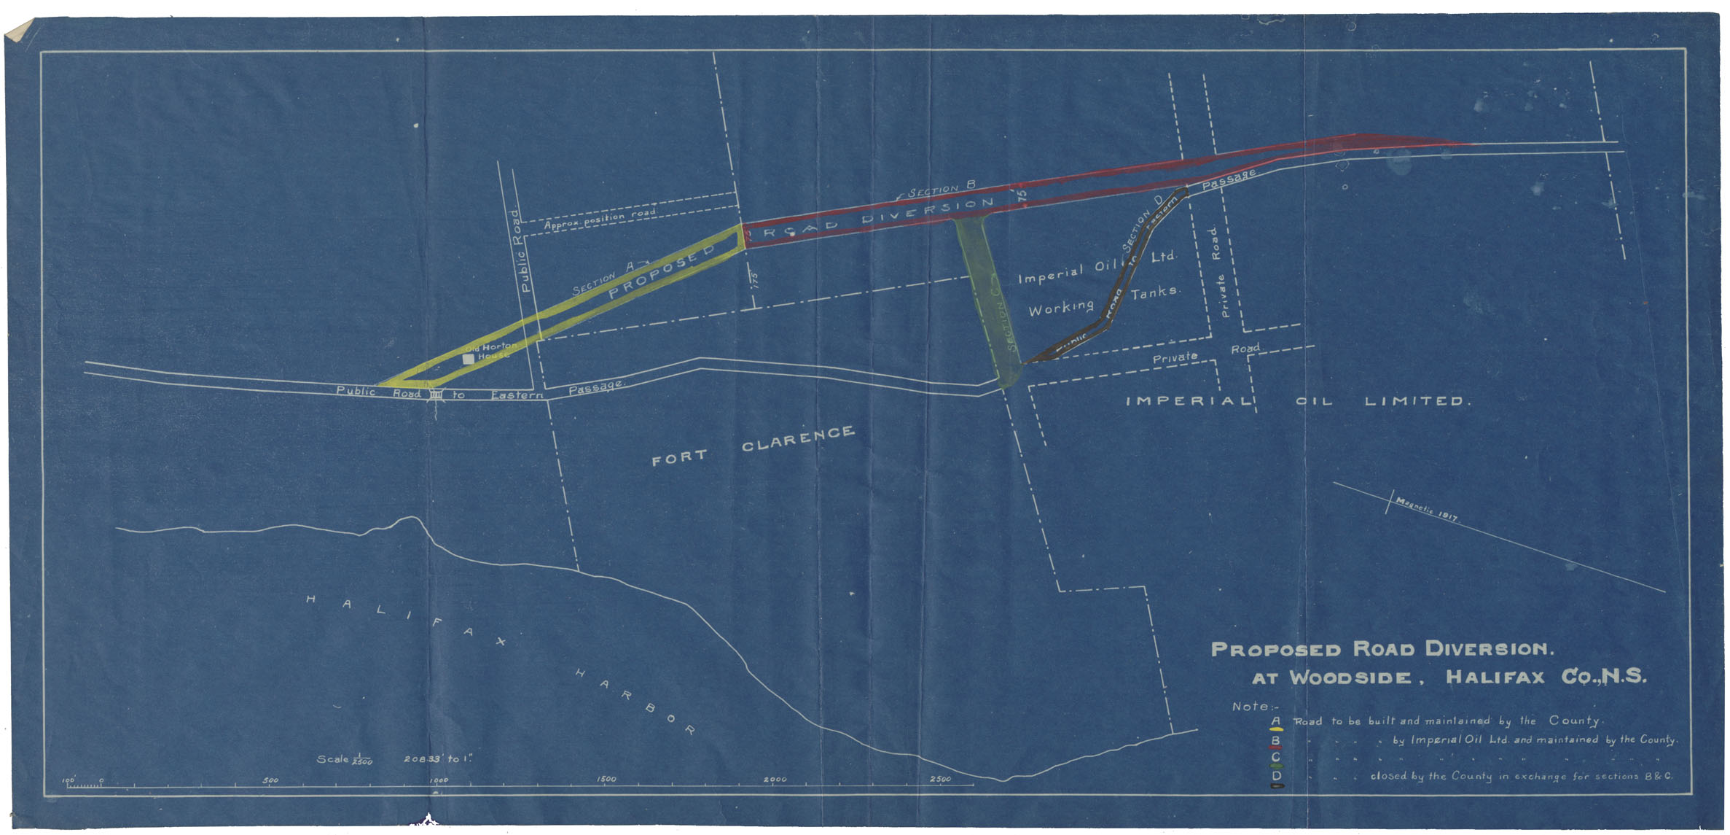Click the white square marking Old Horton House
[469, 359]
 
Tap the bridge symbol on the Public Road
[436, 395]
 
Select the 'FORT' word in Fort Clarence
[678, 457]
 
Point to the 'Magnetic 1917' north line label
[1426, 509]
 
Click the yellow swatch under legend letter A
[1276, 729]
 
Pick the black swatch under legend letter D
[1277, 786]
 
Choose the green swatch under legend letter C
[1276, 766]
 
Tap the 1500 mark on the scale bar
[606, 779]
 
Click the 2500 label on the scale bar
[940, 779]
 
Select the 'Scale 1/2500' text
[345, 760]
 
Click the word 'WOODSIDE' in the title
[1350, 677]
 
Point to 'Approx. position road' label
[600, 219]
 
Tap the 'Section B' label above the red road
[941, 189]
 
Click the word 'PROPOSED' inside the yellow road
[662, 272]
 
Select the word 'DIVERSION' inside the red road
[928, 210]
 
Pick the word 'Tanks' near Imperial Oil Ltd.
[1154, 292]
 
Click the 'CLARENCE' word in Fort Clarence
[798, 438]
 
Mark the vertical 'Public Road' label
[520, 252]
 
